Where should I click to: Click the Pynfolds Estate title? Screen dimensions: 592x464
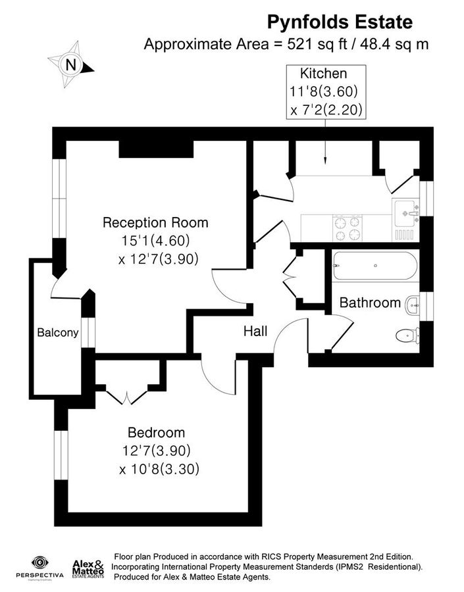pyautogui.click(x=340, y=22)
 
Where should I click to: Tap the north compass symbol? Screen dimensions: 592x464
pyautogui.click(x=71, y=64)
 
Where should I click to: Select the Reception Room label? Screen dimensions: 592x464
pyautogui.click(x=155, y=222)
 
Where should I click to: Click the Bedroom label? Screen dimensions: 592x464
pyautogui.click(x=156, y=433)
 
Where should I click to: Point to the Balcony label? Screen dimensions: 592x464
pyautogui.click(x=57, y=333)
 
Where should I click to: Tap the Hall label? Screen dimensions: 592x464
pyautogui.click(x=255, y=332)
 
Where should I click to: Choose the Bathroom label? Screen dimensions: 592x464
pyautogui.click(x=370, y=303)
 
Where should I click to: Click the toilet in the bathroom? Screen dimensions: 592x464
pyautogui.click(x=406, y=337)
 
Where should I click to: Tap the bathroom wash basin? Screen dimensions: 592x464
pyautogui.click(x=413, y=303)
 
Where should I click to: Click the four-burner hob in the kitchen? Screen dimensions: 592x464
pyautogui.click(x=349, y=228)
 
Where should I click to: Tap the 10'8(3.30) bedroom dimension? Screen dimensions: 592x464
pyautogui.click(x=159, y=470)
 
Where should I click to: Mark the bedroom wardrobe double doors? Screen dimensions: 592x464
pyautogui.click(x=126, y=397)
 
